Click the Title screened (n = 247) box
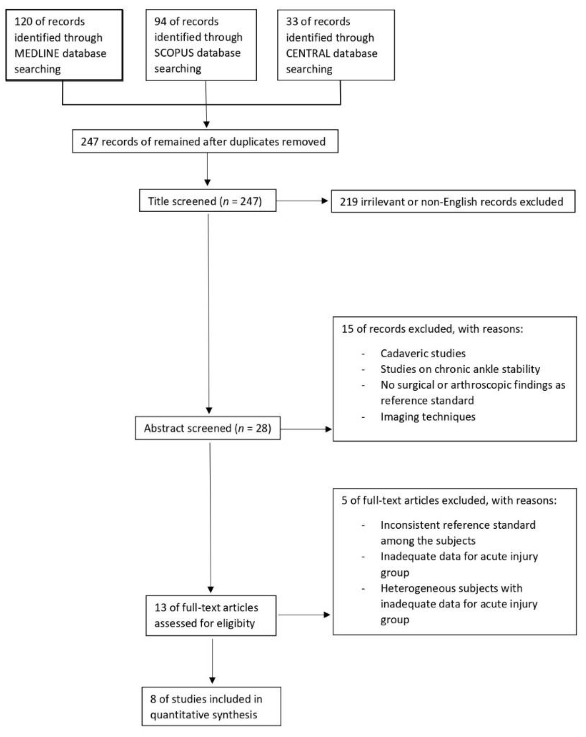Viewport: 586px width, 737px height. click(207, 201)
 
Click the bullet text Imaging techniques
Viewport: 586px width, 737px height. click(428, 417)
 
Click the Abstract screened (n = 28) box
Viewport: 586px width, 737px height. click(207, 428)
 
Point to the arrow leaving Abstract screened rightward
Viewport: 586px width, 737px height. click(306, 429)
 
